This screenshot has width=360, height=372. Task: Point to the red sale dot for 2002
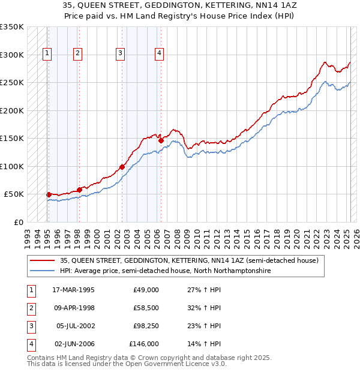pyautogui.click(x=122, y=167)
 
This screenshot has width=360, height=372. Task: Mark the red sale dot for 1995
pyautogui.click(x=49, y=194)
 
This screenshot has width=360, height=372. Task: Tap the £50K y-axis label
pyautogui.click(x=14, y=194)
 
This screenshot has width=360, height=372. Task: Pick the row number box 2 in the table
pyautogui.click(x=31, y=308)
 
